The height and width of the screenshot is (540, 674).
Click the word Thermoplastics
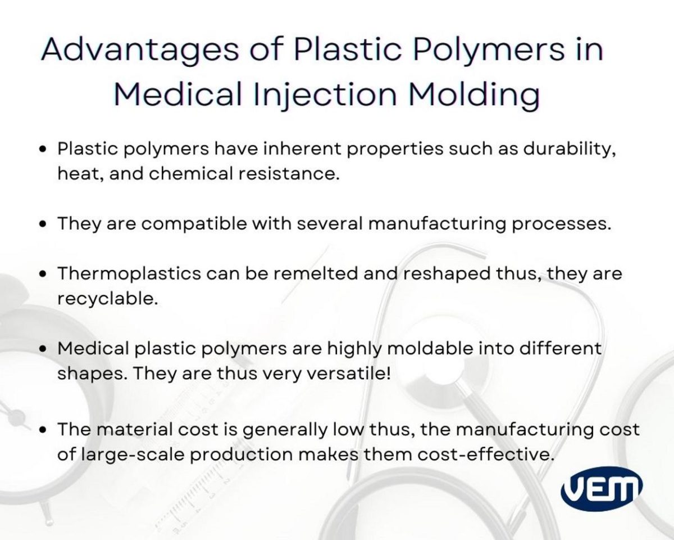(129, 274)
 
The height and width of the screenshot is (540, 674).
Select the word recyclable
(106, 299)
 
